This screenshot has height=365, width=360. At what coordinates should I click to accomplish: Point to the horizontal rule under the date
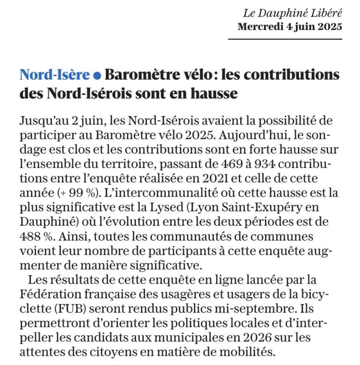tap(285, 39)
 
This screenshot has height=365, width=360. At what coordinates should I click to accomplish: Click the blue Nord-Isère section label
tap(55, 75)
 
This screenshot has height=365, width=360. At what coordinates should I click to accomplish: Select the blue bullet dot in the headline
tap(97, 75)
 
